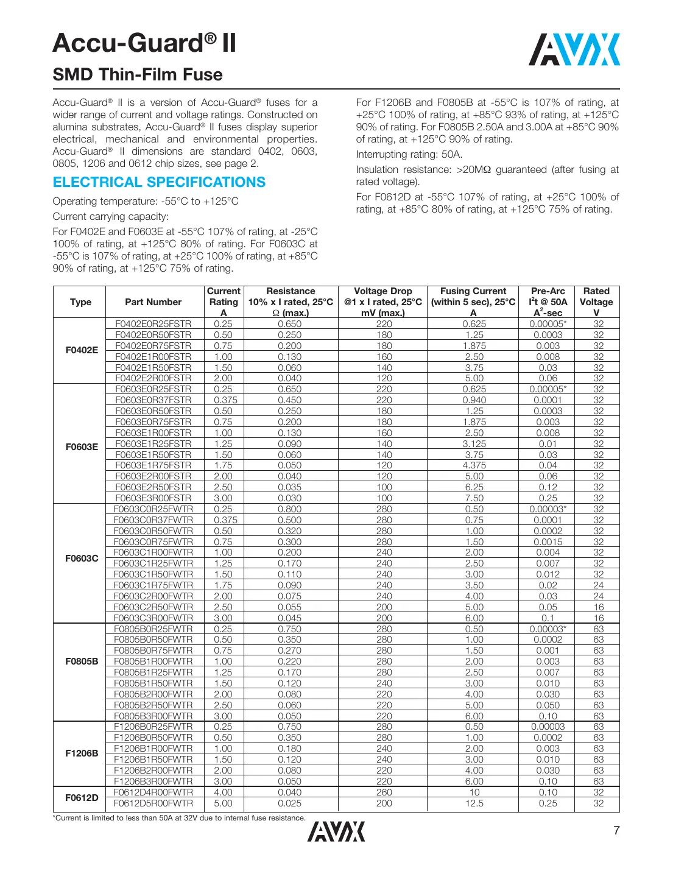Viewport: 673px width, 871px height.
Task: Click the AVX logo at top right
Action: (574, 49)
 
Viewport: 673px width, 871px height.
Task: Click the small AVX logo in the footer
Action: (336, 831)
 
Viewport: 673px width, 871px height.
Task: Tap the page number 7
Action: (616, 830)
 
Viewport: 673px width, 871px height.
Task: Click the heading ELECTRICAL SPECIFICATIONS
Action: (159, 182)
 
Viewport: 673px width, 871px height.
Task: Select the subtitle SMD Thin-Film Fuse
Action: (138, 75)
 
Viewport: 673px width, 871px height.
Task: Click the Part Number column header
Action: (153, 302)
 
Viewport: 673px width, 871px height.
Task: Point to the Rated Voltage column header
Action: (596, 302)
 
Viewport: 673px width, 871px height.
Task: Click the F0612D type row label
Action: (82, 797)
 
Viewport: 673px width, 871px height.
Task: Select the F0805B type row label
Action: (82, 661)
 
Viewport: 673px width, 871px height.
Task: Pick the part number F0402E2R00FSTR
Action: (153, 378)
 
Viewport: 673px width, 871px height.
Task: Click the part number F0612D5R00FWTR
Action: (153, 803)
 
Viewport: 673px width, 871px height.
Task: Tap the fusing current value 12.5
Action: (474, 803)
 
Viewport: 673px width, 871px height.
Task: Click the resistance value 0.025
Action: (290, 803)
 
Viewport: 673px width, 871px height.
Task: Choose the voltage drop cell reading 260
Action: (384, 792)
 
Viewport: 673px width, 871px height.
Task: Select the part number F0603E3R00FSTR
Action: (153, 498)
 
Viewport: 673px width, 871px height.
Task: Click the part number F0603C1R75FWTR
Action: (153, 585)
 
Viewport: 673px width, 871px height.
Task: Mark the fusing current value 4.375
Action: (474, 465)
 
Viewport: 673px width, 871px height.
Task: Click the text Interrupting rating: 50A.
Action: (409, 154)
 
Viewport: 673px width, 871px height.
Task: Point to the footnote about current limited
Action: (179, 817)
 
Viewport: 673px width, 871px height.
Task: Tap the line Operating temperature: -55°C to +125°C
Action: (146, 201)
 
